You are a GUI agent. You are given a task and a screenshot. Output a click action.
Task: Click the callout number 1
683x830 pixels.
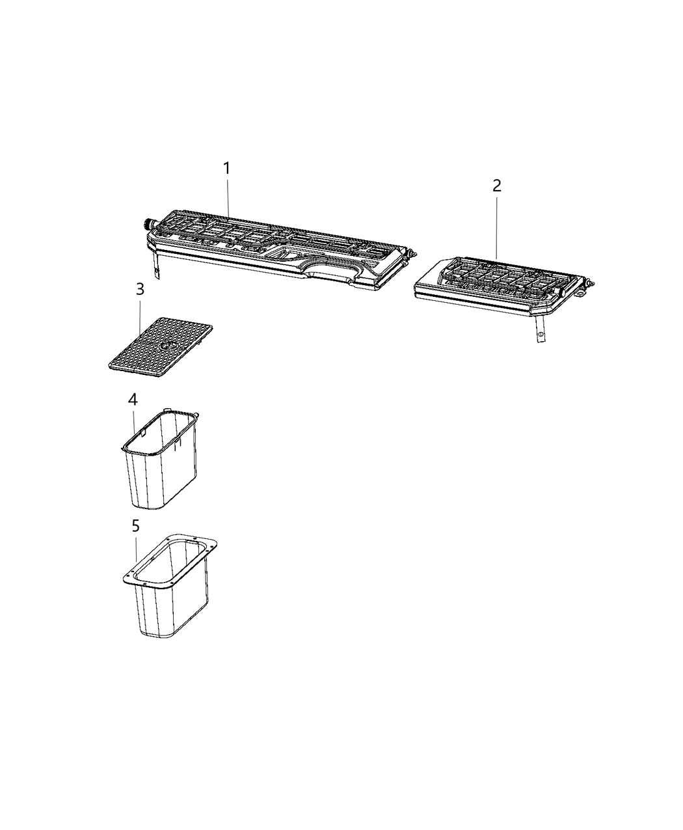click(227, 169)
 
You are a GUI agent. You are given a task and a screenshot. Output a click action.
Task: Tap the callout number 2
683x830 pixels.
click(497, 186)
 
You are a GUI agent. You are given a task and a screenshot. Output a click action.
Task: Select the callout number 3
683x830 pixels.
click(140, 290)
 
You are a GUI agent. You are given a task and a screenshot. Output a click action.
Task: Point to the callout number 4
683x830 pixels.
click(133, 399)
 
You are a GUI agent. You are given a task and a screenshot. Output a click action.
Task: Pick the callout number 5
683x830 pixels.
click(135, 525)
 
